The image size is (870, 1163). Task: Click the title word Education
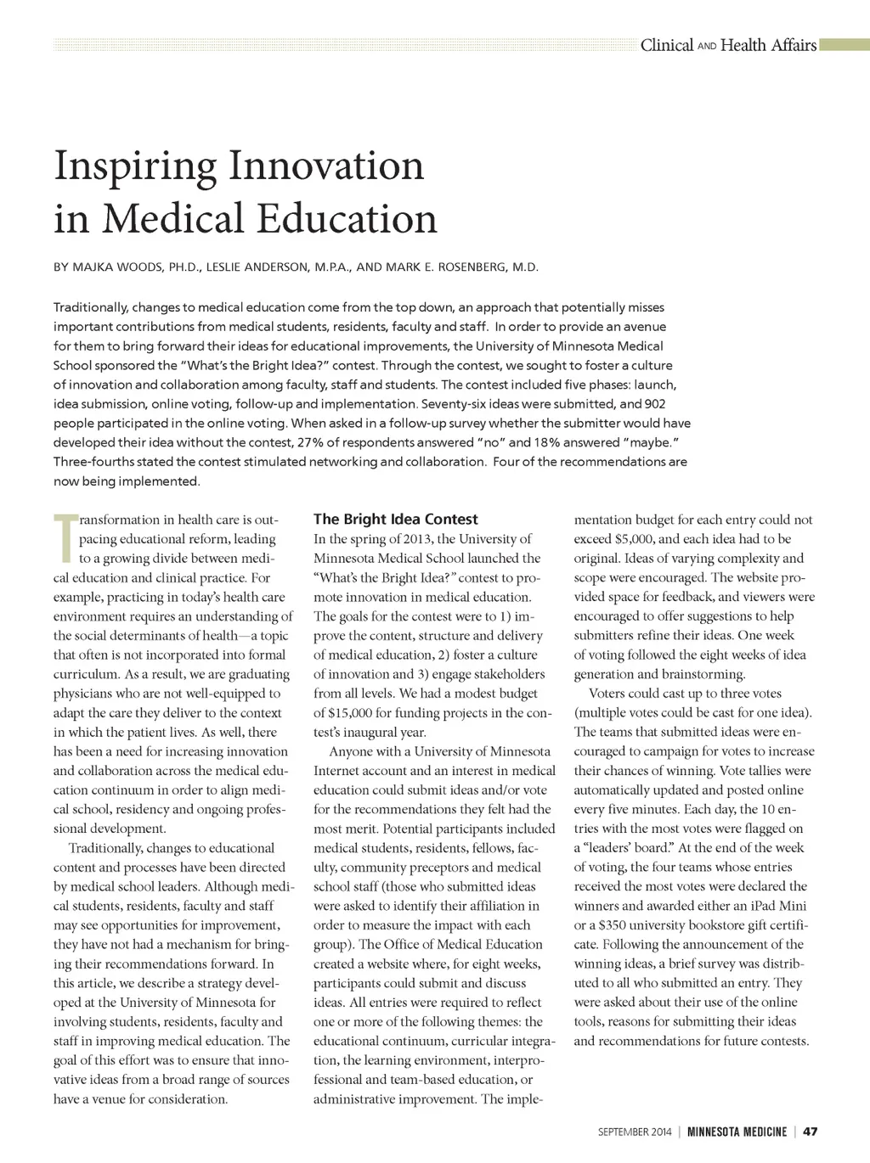coord(347,218)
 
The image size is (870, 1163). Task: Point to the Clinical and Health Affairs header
coord(728,45)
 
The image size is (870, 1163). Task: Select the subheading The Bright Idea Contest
coord(395,519)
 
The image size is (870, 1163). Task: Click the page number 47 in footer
coord(810,1132)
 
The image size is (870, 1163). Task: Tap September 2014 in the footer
coord(634,1132)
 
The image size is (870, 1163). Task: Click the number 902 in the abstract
coord(654,404)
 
